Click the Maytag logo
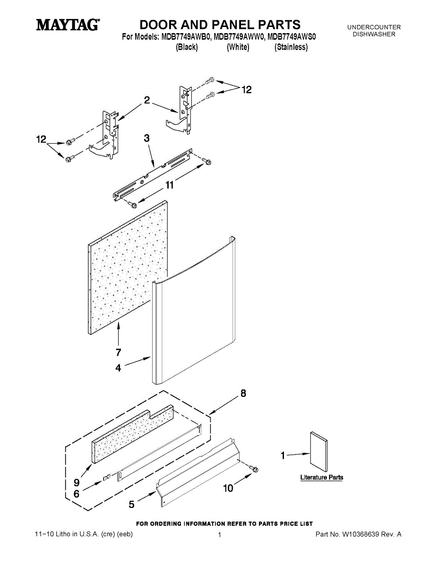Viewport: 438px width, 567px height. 68,25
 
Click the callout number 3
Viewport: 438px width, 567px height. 146,138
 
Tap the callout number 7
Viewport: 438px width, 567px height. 118,352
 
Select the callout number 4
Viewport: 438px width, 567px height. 118,368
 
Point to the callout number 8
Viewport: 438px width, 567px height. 243,393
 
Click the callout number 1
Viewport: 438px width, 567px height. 283,455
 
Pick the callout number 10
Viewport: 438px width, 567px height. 228,488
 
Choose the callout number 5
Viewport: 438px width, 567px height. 132,505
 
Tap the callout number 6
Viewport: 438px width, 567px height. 76,494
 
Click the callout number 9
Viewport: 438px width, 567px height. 76,482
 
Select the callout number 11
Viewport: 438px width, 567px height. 169,186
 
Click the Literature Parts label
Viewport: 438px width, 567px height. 322,478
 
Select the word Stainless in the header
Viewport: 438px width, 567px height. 291,47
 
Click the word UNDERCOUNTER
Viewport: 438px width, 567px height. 374,27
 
